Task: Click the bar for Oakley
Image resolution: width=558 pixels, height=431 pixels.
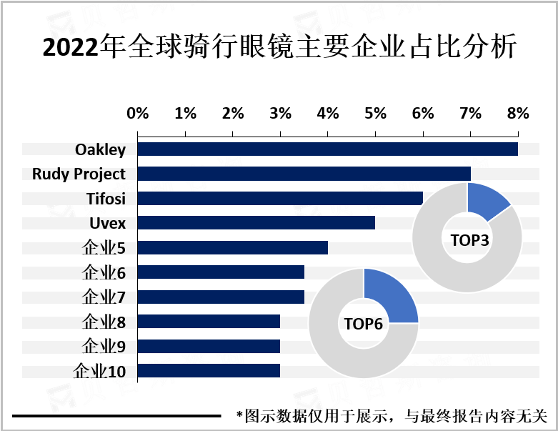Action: coord(327,149)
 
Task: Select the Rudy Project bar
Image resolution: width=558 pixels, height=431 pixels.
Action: coord(304,174)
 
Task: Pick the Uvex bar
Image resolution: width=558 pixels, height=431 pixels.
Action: coord(256,223)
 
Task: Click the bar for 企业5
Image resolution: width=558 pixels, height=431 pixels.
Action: coord(232,247)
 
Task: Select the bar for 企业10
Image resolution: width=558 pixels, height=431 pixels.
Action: coord(209,371)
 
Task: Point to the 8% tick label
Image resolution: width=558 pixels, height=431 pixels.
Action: coord(517,113)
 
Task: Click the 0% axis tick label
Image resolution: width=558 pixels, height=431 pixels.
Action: coord(137,113)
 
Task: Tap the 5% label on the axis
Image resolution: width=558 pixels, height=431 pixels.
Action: coord(375,113)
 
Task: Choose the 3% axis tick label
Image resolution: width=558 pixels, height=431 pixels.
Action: coord(280,113)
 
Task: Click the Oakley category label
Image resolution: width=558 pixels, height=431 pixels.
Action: coord(100,149)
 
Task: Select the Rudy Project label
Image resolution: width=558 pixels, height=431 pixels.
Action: coord(79,174)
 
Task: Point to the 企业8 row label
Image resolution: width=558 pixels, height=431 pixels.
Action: coord(104,322)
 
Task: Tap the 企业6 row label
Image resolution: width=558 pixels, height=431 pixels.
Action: coord(104,272)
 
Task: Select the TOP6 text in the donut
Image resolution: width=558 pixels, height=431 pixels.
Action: coord(364,325)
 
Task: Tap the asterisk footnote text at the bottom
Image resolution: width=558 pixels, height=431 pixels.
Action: coord(392,415)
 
